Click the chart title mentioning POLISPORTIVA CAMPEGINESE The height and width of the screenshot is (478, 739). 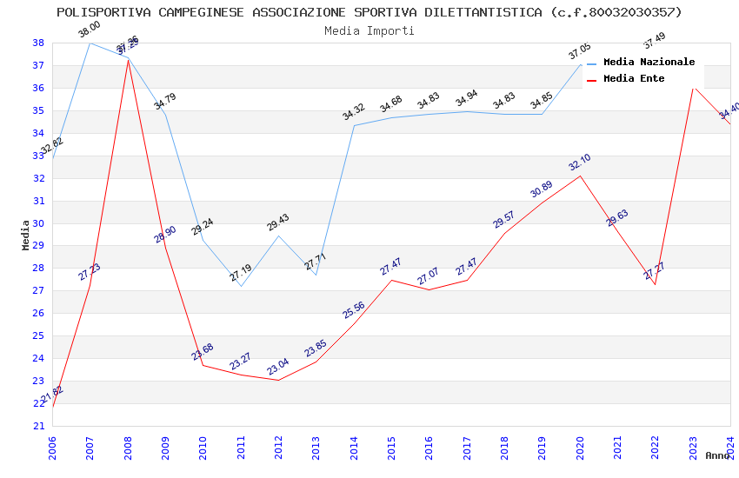tap(369, 12)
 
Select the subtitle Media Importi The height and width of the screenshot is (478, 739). tap(369, 30)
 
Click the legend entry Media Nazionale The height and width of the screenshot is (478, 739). tap(649, 62)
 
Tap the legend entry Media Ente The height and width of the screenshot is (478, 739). tap(634, 78)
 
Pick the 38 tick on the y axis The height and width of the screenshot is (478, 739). tap(38, 43)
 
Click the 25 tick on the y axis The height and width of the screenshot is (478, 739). tap(38, 335)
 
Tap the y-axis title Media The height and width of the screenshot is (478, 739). tap(26, 234)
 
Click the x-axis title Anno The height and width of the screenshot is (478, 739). tap(717, 455)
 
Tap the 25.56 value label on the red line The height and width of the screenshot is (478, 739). tap(353, 309)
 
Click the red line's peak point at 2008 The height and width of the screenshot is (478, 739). tap(128, 60)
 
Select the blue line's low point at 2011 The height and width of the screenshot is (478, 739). tap(241, 286)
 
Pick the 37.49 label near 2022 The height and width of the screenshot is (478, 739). tap(654, 40)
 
